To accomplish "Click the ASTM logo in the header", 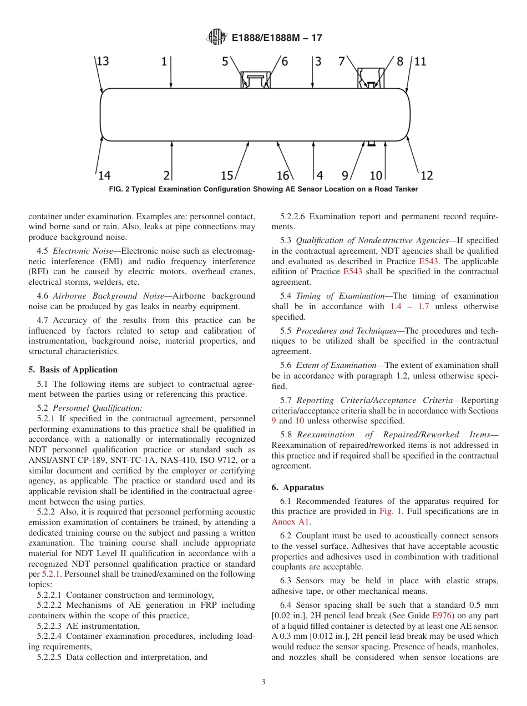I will point(216,37).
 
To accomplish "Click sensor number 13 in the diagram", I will point(102,61).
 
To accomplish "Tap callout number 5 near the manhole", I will point(225,62).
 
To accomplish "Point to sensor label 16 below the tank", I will point(283,175).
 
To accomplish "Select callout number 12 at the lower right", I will point(426,175).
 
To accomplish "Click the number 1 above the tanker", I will point(164,62).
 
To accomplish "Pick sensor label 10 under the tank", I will point(376,175).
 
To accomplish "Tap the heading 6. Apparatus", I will point(297,487).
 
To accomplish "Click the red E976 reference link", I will point(442,616).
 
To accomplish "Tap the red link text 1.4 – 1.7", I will point(412,306).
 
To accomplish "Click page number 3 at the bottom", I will point(263,682).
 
